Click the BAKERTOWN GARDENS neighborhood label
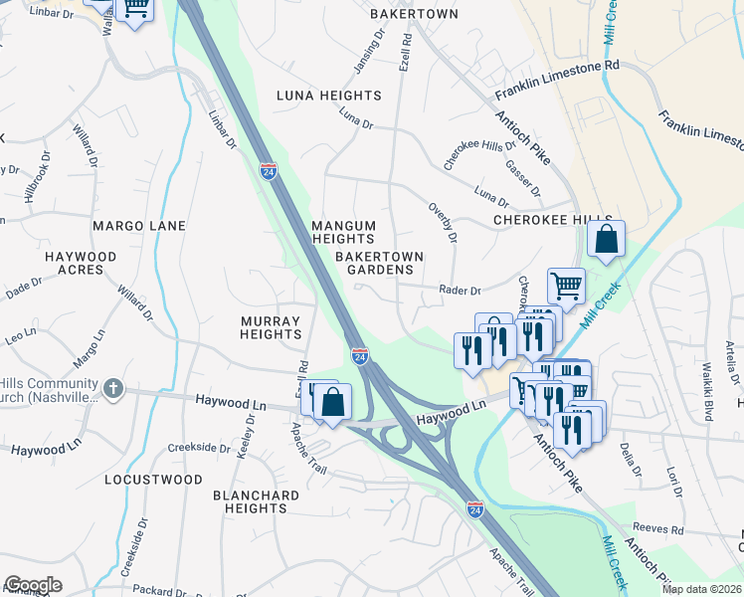click(379, 263)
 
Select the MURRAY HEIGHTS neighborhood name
click(271, 327)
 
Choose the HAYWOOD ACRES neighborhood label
click(81, 263)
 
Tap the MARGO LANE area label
click(139, 226)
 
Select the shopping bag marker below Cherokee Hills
click(605, 240)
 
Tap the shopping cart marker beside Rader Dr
click(566, 286)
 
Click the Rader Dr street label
click(461, 291)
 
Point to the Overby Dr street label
click(443, 223)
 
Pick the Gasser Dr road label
click(522, 177)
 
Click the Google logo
click(32, 585)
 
